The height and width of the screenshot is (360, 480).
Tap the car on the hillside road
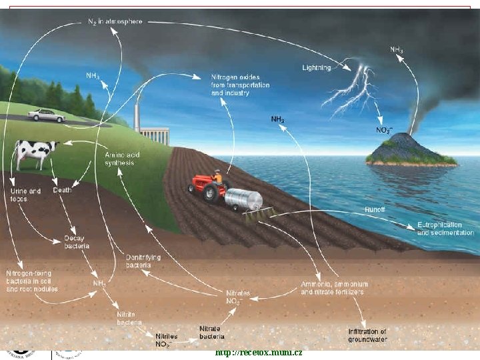tap(46, 115)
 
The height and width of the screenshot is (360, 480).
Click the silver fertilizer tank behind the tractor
tap(243, 199)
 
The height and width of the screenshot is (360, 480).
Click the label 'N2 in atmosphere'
tap(115, 22)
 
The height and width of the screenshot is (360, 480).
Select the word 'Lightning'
tap(316, 68)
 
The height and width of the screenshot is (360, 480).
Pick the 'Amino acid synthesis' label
tap(119, 159)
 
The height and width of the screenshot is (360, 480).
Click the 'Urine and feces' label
tap(25, 195)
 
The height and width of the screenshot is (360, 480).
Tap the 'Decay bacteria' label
tap(77, 242)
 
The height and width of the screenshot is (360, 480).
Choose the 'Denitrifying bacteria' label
tap(143, 261)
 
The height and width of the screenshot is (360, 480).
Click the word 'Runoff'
tap(375, 209)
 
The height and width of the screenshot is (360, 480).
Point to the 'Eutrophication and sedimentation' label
tap(445, 229)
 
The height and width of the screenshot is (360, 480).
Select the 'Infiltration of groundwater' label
tap(367, 335)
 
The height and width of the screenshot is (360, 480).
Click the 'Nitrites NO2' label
tap(167, 340)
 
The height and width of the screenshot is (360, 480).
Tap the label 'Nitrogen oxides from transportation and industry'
tap(230, 85)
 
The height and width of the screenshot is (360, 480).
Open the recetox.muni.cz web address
tap(259, 352)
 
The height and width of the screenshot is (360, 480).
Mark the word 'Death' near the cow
tap(62, 190)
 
